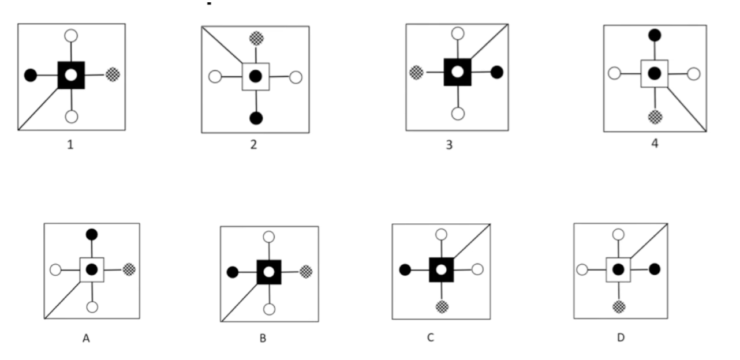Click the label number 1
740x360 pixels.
point(70,145)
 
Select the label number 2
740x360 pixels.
point(253,145)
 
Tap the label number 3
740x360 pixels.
point(449,145)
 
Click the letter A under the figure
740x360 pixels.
point(86,339)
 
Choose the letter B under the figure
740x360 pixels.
point(263,339)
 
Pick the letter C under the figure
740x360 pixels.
point(430,338)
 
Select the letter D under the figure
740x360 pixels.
point(621,338)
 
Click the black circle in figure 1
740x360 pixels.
point(31,74)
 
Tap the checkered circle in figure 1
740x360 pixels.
point(113,74)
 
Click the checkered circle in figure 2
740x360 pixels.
point(256,39)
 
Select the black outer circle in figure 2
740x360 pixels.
point(256,118)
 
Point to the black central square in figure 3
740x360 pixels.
point(457,72)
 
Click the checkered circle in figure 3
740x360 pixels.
point(416,72)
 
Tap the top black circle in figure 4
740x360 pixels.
point(655,35)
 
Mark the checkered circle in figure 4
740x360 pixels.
point(655,117)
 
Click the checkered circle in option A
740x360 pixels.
point(129,269)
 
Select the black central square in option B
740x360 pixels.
point(268,272)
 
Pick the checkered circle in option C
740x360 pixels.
point(442,306)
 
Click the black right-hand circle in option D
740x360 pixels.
point(655,269)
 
